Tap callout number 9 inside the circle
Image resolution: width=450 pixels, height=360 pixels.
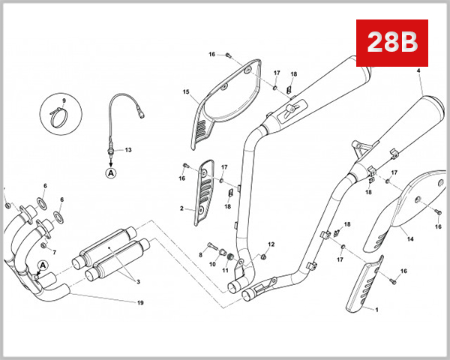point(64,100)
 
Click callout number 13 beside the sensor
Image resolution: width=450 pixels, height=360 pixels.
point(127,150)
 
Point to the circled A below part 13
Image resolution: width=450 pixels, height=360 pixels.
point(111,172)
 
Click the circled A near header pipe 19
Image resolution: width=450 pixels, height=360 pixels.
point(43,265)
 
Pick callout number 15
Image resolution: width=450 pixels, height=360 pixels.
point(185,93)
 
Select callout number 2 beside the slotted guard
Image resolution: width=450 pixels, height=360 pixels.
point(181,208)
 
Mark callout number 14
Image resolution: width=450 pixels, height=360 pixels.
point(409,240)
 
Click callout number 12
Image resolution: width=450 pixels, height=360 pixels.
point(271,244)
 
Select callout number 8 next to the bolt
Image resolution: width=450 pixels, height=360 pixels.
point(201,255)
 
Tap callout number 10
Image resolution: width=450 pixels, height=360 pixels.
point(212,264)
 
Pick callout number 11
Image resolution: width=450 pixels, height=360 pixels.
point(225,269)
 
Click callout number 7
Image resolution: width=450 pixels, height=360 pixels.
point(53,252)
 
